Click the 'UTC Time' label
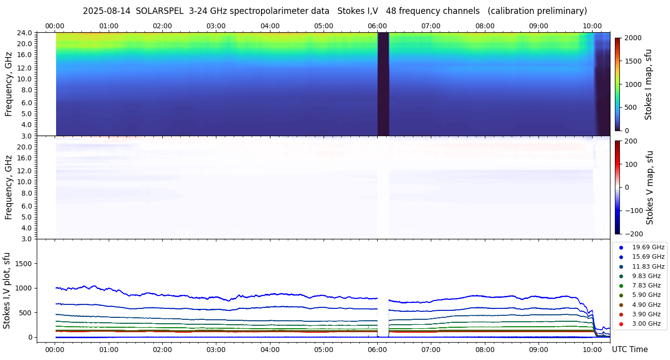point(630,350)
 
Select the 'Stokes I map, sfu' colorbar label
point(649,84)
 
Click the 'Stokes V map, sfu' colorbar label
point(650,187)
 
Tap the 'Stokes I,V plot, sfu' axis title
point(7,290)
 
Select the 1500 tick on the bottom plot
point(24,263)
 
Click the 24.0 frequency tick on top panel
point(25,33)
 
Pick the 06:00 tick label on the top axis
point(377,26)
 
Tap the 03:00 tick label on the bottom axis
point(216,350)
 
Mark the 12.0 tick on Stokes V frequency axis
point(25,171)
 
